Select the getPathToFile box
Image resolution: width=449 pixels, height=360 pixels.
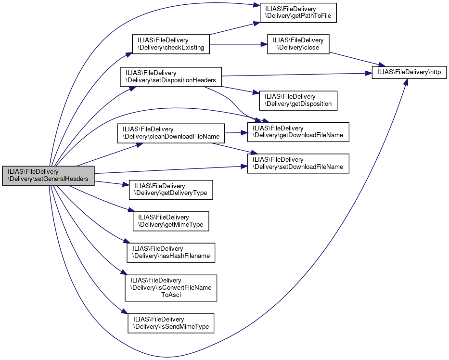(298, 13)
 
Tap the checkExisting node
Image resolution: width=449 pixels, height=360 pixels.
(171, 44)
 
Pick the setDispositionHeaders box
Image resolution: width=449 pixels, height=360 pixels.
(170, 77)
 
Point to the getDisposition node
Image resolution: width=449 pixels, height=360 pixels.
(298, 100)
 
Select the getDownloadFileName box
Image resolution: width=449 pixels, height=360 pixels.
(298, 132)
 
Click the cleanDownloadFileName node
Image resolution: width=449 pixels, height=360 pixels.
(171, 133)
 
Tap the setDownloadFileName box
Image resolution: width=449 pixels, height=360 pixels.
(298, 163)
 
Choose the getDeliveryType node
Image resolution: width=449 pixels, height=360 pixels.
(171, 190)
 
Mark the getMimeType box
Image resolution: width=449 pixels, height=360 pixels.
(171, 221)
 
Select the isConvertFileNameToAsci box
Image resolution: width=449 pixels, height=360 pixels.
(171, 287)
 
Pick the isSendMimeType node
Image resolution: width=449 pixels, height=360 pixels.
(171, 323)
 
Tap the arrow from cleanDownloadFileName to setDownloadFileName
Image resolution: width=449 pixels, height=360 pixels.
(231, 147)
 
